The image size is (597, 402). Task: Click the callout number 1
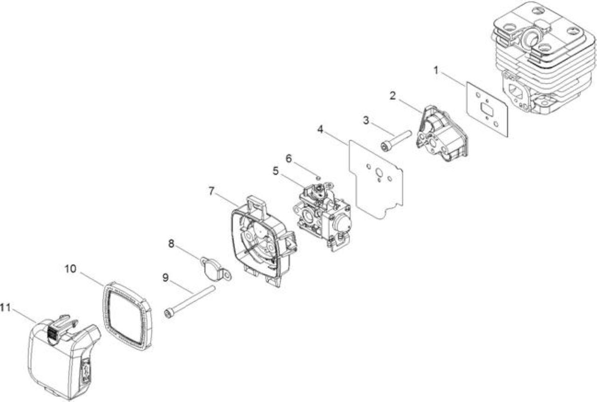pos(436,70)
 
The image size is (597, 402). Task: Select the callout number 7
pos(211,191)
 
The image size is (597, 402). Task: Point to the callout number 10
pos(70,269)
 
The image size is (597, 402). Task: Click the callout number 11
pos(5,308)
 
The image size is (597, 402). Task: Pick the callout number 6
pos(289,159)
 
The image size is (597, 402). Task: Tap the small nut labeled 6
pos(318,178)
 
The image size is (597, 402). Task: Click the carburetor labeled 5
pos(322,215)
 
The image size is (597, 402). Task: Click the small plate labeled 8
pos(215,269)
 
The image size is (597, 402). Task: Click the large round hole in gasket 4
pos(379,173)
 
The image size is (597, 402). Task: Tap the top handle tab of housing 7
pos(256,205)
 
